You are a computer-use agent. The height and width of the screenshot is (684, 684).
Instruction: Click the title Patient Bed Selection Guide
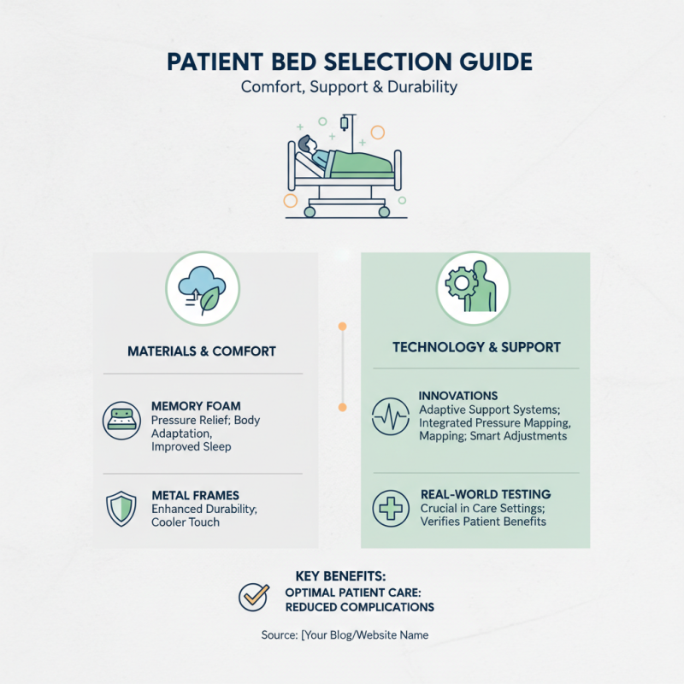pos(342,62)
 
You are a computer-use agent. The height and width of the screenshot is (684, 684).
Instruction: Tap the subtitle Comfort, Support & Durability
pos(342,87)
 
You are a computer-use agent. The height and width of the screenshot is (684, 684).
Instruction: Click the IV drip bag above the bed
pos(344,125)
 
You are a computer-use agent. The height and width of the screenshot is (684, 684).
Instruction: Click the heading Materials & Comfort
pos(203,351)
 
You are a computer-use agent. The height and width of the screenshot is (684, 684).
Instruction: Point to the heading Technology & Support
pos(476,347)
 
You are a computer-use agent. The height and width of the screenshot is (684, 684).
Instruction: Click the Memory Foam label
pos(196,406)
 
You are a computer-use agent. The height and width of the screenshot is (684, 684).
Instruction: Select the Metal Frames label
pos(195,495)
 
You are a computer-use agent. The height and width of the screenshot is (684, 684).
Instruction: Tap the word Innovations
pos(458,396)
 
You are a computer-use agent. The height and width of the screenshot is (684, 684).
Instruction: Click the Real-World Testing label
pos(486,494)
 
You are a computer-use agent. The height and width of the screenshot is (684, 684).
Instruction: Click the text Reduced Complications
pos(360,607)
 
